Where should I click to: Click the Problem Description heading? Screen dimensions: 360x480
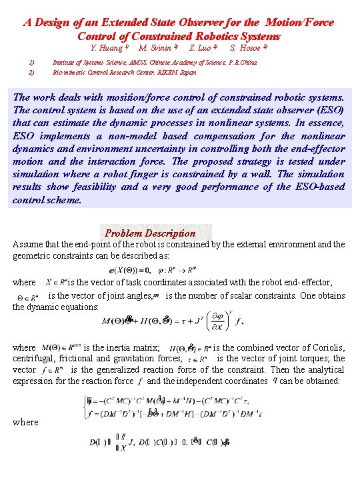click(150, 233)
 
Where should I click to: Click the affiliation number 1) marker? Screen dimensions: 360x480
click(31, 62)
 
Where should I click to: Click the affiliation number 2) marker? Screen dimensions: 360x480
click(31, 71)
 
